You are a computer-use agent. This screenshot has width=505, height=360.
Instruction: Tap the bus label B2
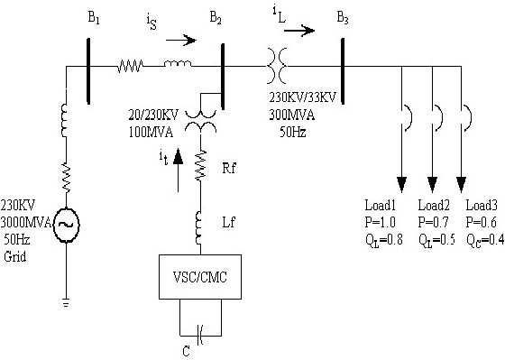point(216,18)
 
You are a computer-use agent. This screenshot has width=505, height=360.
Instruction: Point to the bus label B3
point(344,18)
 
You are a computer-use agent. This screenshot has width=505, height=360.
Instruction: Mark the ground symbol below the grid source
point(64,303)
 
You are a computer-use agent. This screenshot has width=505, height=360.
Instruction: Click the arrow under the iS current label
point(177,40)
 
